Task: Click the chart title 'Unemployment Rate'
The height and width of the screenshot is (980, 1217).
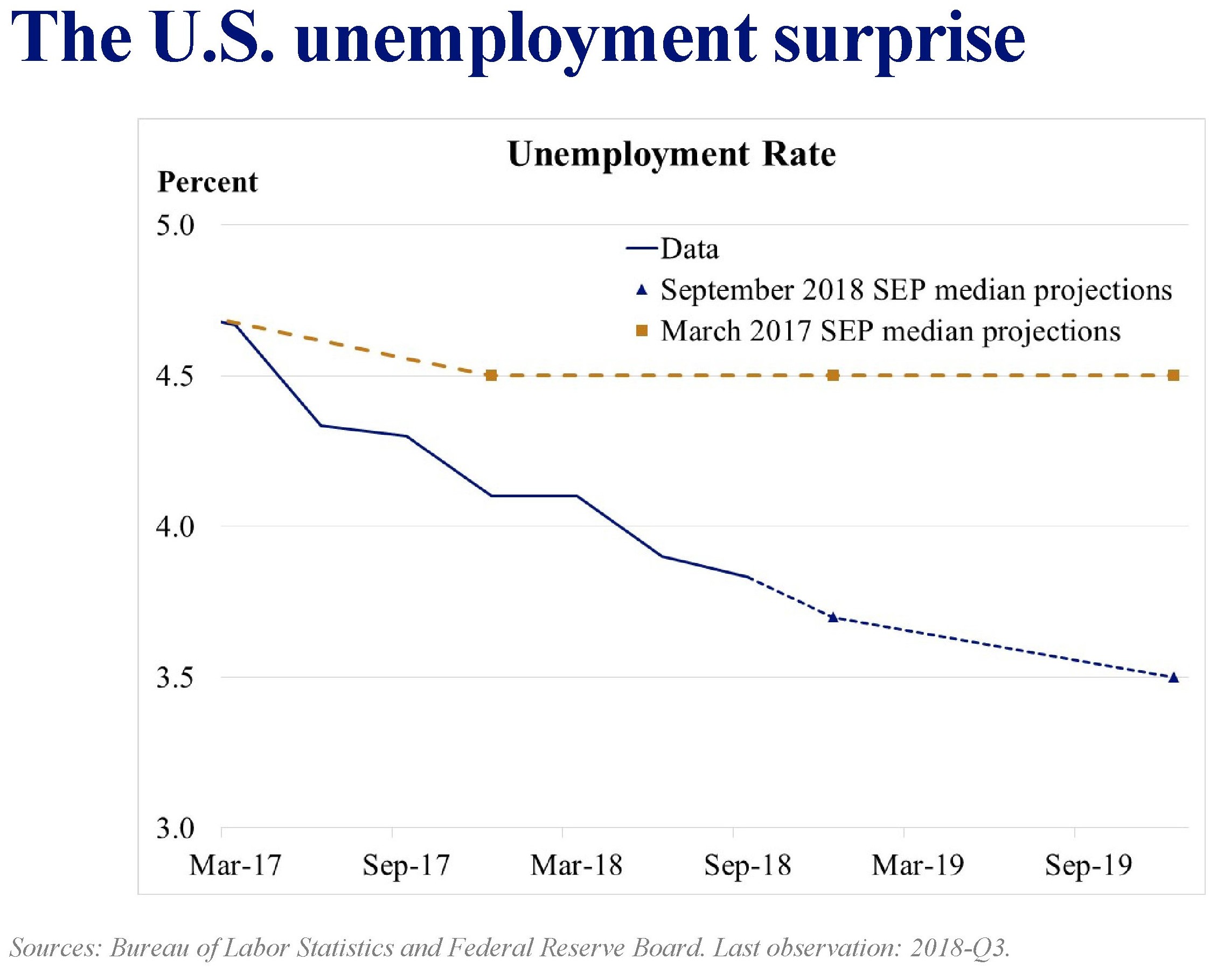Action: [671, 154]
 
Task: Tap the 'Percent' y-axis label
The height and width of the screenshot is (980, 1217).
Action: [207, 182]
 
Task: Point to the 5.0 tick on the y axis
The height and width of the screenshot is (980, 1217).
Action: [175, 225]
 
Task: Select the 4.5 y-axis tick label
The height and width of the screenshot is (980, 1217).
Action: [175, 376]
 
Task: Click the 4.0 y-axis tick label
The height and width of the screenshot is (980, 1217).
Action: [175, 527]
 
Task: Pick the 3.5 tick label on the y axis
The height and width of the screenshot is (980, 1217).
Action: [175, 677]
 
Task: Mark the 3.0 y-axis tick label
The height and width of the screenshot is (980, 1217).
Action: [175, 828]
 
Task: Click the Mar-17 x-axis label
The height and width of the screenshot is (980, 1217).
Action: [235, 865]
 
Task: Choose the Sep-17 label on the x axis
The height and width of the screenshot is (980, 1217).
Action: [406, 865]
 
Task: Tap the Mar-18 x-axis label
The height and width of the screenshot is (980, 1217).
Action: [576, 865]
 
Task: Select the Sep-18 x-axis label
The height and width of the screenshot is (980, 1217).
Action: [747, 865]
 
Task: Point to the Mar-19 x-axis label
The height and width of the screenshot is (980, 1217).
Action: [918, 865]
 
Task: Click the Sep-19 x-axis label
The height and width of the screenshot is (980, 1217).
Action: [1088, 865]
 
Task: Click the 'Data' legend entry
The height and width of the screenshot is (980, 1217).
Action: [689, 249]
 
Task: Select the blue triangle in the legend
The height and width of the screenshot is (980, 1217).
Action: [641, 291]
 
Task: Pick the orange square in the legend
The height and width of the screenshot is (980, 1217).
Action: [641, 332]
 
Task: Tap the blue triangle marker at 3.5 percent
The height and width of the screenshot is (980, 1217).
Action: [1173, 677]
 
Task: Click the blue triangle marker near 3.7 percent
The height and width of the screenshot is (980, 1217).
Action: [832, 617]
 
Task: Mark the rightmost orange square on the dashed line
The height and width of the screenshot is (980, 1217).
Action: [1173, 376]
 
